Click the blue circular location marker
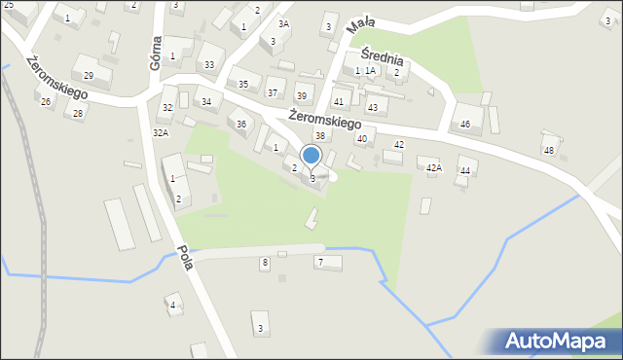pos(311,155)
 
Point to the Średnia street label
pos(382,58)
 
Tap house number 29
pos(89,75)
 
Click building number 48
pos(549,150)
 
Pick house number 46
pos(465,124)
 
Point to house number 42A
pos(434,168)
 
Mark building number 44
pos(465,170)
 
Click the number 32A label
pos(161,131)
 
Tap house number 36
pos(241,124)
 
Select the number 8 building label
pos(264,263)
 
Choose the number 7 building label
pos(319,262)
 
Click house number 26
pos(45,101)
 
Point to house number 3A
pos(283,23)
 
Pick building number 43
pos(372,107)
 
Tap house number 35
pos(243,85)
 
